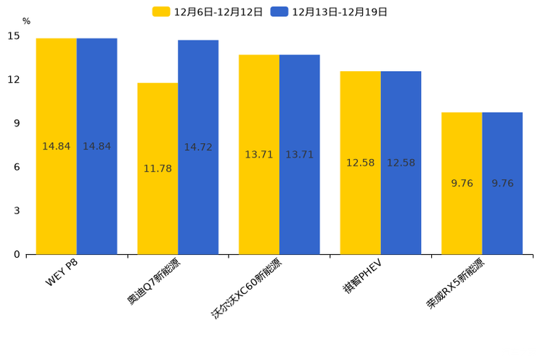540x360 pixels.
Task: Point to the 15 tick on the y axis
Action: (14, 36)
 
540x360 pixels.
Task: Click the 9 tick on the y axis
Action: (17, 123)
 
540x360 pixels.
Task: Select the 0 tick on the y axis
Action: (17, 255)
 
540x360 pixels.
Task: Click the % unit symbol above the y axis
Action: (26, 22)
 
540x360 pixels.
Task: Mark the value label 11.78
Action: (157, 169)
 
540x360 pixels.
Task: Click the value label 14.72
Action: (198, 147)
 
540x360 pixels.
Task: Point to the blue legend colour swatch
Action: (279, 12)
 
